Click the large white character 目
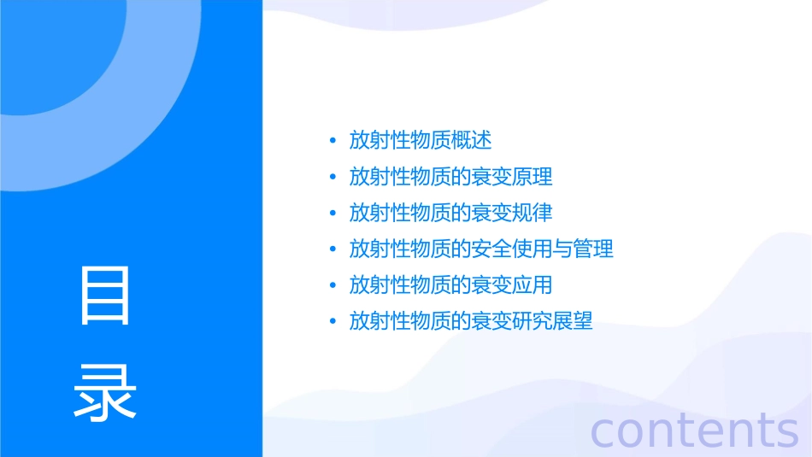(x=105, y=296)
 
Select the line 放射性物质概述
(x=421, y=140)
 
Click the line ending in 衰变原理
(x=450, y=177)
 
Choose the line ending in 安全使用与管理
(x=481, y=249)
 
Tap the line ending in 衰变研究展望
(x=471, y=322)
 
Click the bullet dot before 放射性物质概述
(x=332, y=141)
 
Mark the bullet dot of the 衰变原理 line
(x=332, y=178)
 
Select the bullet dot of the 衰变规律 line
(x=332, y=214)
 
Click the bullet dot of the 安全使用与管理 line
(x=332, y=250)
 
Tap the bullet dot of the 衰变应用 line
(x=332, y=286)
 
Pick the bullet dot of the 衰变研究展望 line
(x=332, y=323)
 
